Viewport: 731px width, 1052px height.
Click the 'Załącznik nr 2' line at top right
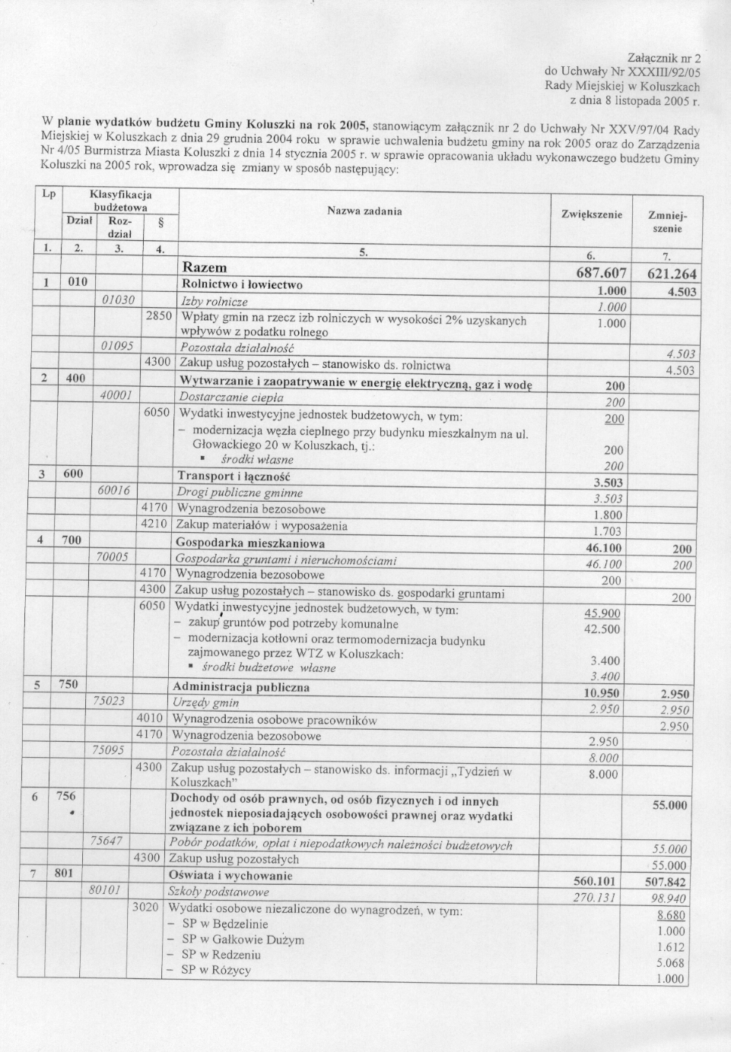(x=664, y=58)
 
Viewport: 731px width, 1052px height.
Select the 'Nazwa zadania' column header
(x=364, y=211)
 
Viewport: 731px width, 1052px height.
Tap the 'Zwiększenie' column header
(x=592, y=215)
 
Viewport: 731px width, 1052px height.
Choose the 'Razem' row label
(x=205, y=268)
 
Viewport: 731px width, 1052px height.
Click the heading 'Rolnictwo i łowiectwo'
(x=242, y=285)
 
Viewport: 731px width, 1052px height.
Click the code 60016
(x=115, y=491)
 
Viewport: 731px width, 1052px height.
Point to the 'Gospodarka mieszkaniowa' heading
(x=250, y=543)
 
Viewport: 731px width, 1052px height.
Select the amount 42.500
(x=602, y=629)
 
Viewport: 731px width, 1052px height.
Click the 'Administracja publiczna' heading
(x=241, y=687)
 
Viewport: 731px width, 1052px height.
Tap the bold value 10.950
(x=601, y=693)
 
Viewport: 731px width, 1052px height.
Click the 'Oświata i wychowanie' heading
(x=230, y=875)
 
